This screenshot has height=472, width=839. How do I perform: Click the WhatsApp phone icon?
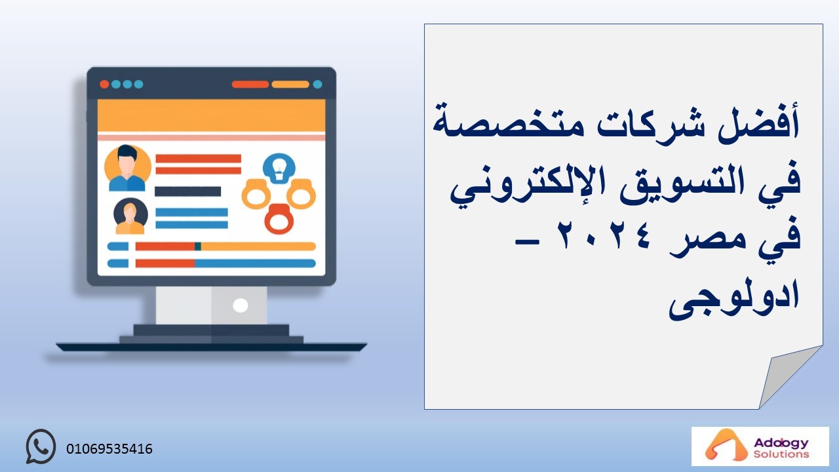[x=41, y=446]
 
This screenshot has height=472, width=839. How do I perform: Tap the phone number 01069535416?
[x=109, y=449]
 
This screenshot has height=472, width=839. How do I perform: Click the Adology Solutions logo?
[x=760, y=446]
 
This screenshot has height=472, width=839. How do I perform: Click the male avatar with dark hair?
[x=127, y=168]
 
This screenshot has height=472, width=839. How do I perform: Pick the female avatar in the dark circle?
[x=130, y=216]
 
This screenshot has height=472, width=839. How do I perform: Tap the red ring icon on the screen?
[x=279, y=218]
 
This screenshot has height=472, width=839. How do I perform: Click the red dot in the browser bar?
[x=104, y=85]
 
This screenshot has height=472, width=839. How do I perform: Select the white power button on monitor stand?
[x=240, y=305]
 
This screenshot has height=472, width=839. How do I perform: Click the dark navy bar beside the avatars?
[x=187, y=191]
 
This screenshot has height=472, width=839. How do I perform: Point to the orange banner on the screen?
[x=211, y=115]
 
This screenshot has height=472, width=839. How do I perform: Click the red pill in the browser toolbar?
[x=250, y=85]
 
